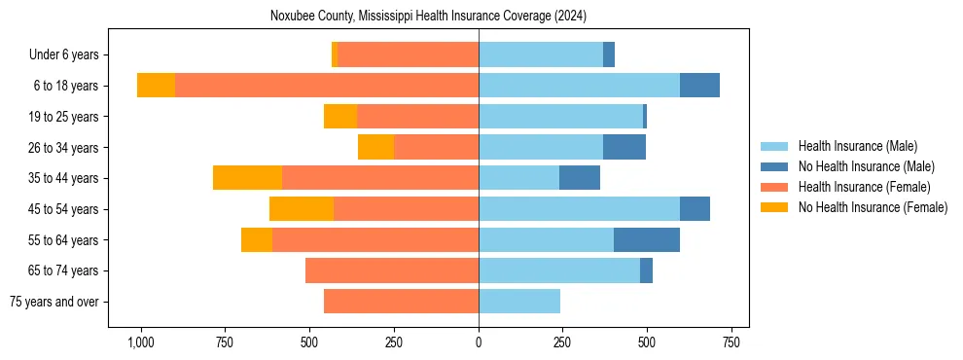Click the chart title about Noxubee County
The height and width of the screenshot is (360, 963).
pos(428,16)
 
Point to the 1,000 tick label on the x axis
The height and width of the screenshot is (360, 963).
pos(141,342)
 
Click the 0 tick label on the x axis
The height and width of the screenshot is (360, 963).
pos(479,342)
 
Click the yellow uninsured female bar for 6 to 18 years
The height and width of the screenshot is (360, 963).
pos(156,86)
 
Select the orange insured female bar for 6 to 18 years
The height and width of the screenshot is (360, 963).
pos(327,86)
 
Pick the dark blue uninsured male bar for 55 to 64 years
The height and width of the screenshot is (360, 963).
pos(647,239)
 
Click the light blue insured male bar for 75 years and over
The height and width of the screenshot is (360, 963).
pos(519,302)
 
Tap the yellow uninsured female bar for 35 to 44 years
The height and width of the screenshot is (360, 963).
pos(247,178)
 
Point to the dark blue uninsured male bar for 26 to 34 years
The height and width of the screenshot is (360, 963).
pos(624,147)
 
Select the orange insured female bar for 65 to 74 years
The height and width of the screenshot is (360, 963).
pos(392,270)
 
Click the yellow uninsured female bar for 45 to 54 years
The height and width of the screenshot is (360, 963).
pos(302,209)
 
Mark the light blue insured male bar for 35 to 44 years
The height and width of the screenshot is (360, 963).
pos(518,178)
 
